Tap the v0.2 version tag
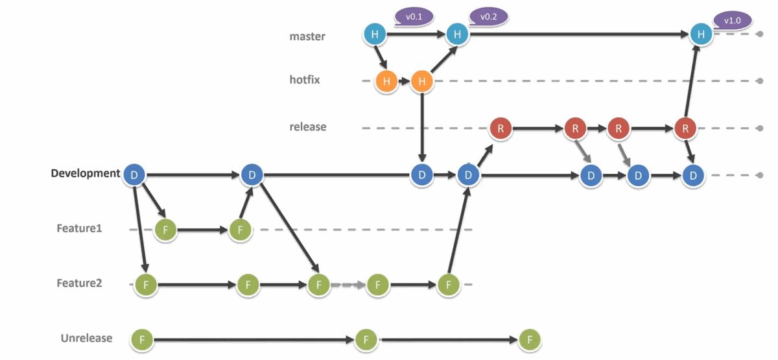[488, 18]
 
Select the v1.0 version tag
[732, 21]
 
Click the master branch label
[307, 36]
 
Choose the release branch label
[308, 127]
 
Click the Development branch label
[85, 174]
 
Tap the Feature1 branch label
[79, 228]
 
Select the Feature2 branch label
[79, 283]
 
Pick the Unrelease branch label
[86, 338]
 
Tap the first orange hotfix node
[386, 81]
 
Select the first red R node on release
[501, 128]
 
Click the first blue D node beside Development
[134, 174]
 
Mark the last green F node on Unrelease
[530, 339]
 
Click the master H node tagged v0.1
[374, 34]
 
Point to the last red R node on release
[685, 128]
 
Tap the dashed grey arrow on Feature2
[348, 284]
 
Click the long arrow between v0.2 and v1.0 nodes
[577, 34]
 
